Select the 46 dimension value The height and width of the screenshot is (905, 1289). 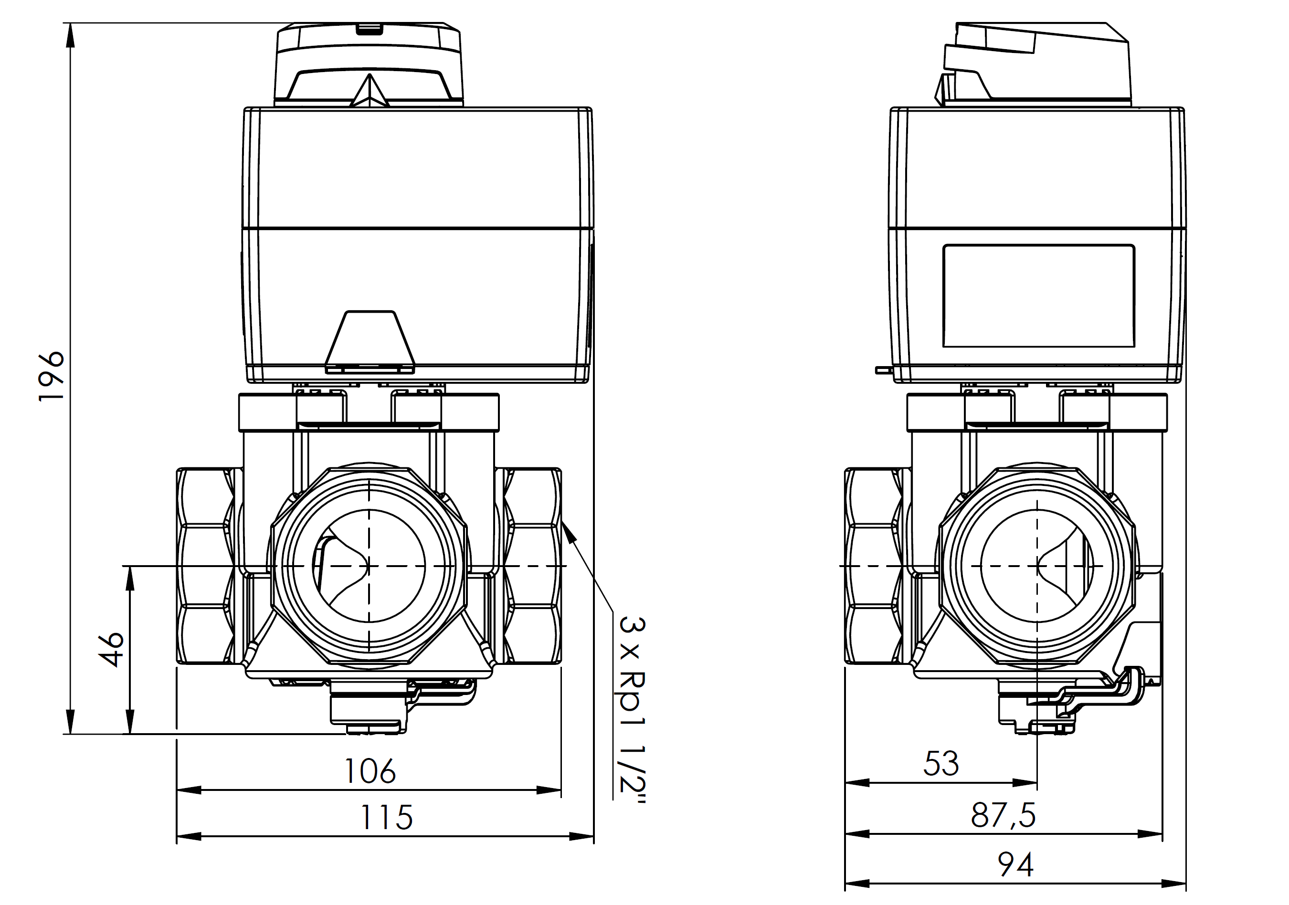click(x=112, y=650)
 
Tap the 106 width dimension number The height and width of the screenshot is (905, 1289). click(x=370, y=771)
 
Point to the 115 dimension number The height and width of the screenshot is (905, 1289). click(x=386, y=818)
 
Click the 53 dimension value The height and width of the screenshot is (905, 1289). click(x=941, y=764)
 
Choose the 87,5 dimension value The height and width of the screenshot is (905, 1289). click(x=1003, y=816)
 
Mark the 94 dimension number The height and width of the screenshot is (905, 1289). click(x=1015, y=864)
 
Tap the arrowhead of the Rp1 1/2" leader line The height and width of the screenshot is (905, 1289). click(x=567, y=530)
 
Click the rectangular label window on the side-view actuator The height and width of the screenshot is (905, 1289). click(x=1039, y=296)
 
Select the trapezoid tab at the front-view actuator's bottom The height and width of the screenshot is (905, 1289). click(x=370, y=340)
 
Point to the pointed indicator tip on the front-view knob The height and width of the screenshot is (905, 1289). click(x=370, y=79)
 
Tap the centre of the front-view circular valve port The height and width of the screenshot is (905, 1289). click(x=369, y=566)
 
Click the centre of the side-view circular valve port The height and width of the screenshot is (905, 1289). click(x=1037, y=566)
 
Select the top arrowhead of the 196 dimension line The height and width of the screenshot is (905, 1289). click(x=70, y=34)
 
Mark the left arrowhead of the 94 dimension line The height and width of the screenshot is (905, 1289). click(x=855, y=884)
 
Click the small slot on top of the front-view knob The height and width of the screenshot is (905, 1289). click(x=370, y=28)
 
